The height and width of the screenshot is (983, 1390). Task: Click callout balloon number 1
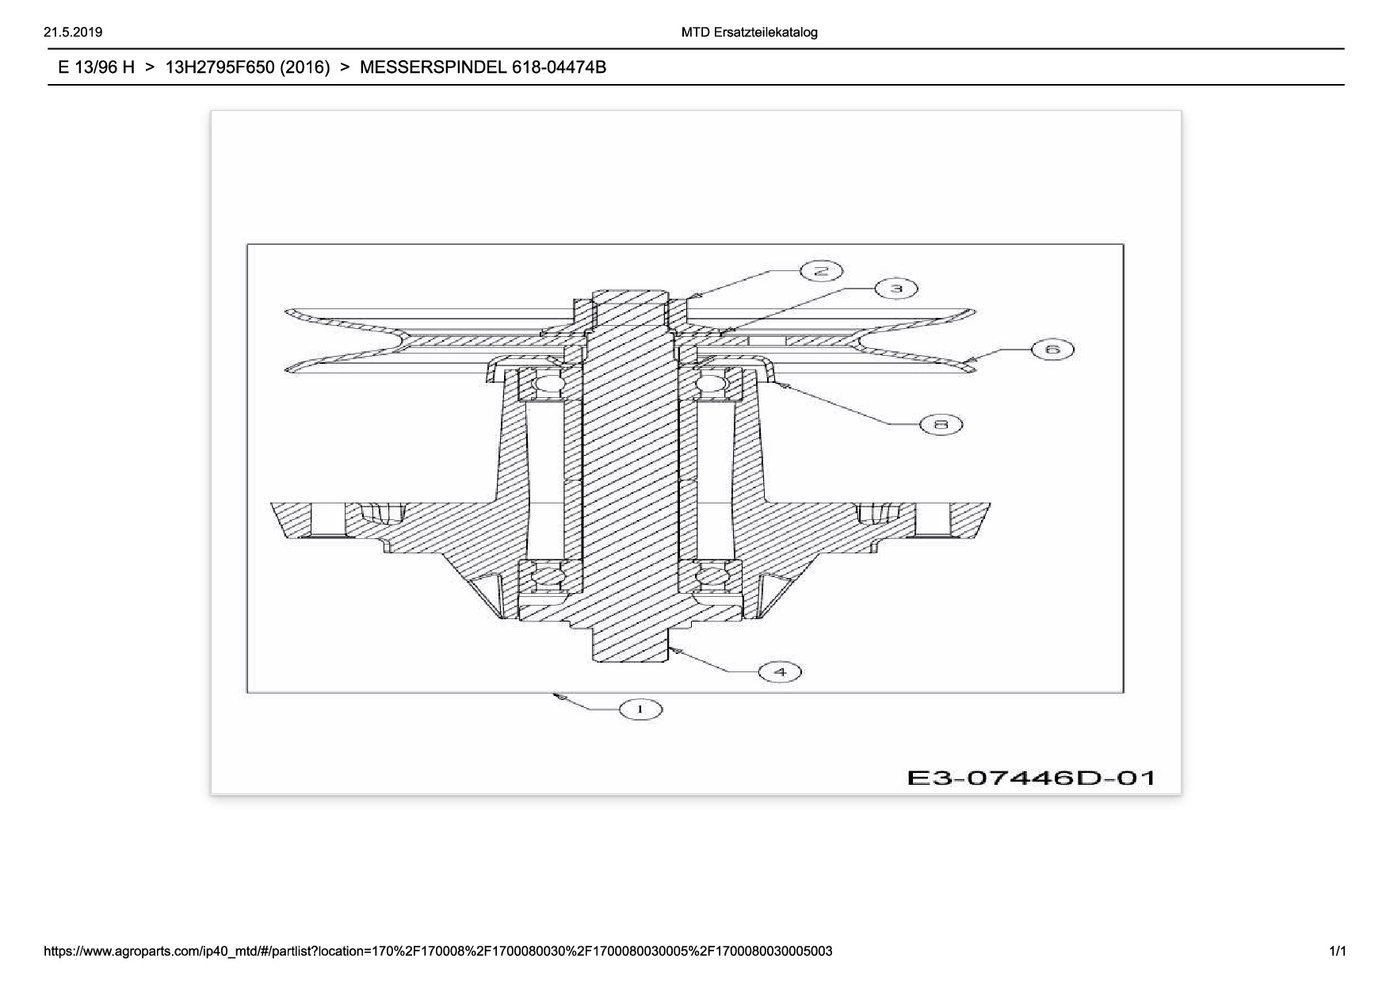click(x=640, y=710)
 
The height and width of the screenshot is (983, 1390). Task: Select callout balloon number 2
click(x=821, y=271)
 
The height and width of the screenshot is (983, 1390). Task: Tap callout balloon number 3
click(x=896, y=289)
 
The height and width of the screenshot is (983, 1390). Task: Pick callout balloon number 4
click(x=781, y=672)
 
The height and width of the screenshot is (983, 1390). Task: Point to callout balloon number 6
click(x=1052, y=350)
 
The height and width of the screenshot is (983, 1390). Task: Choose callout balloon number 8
click(x=941, y=425)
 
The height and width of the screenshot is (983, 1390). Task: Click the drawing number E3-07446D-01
click(x=1031, y=777)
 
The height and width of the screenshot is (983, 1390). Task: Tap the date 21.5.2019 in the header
click(x=73, y=33)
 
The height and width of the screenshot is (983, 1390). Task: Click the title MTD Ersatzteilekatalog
click(x=749, y=33)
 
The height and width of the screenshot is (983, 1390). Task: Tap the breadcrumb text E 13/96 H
click(x=97, y=67)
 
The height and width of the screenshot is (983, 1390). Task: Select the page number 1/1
click(x=1337, y=951)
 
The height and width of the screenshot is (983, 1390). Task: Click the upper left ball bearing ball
click(x=548, y=386)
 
